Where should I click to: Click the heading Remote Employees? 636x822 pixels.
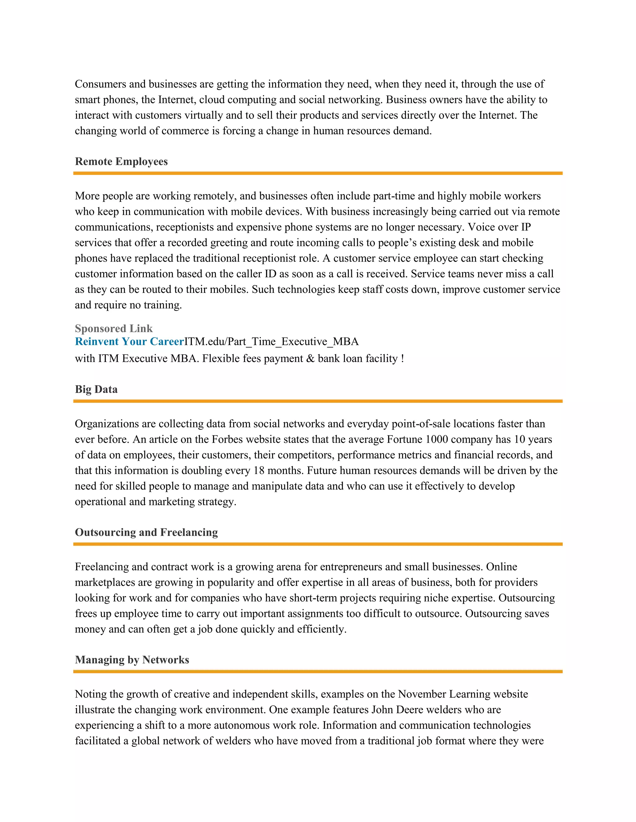pyautogui.click(x=121, y=162)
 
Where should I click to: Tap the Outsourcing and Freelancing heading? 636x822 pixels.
pyautogui.click(x=146, y=532)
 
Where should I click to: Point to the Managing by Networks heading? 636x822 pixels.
pyautogui.click(x=132, y=660)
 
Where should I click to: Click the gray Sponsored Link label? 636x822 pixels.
pyautogui.click(x=114, y=328)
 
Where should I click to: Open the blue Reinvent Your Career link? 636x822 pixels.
pyautogui.click(x=129, y=342)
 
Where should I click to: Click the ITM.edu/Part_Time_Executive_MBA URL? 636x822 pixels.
pyautogui.click(x=271, y=342)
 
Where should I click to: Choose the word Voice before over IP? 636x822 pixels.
pyautogui.click(x=481, y=227)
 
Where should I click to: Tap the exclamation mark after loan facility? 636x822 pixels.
pyautogui.click(x=402, y=359)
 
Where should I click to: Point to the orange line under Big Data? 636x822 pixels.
pyautogui.click(x=318, y=401)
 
